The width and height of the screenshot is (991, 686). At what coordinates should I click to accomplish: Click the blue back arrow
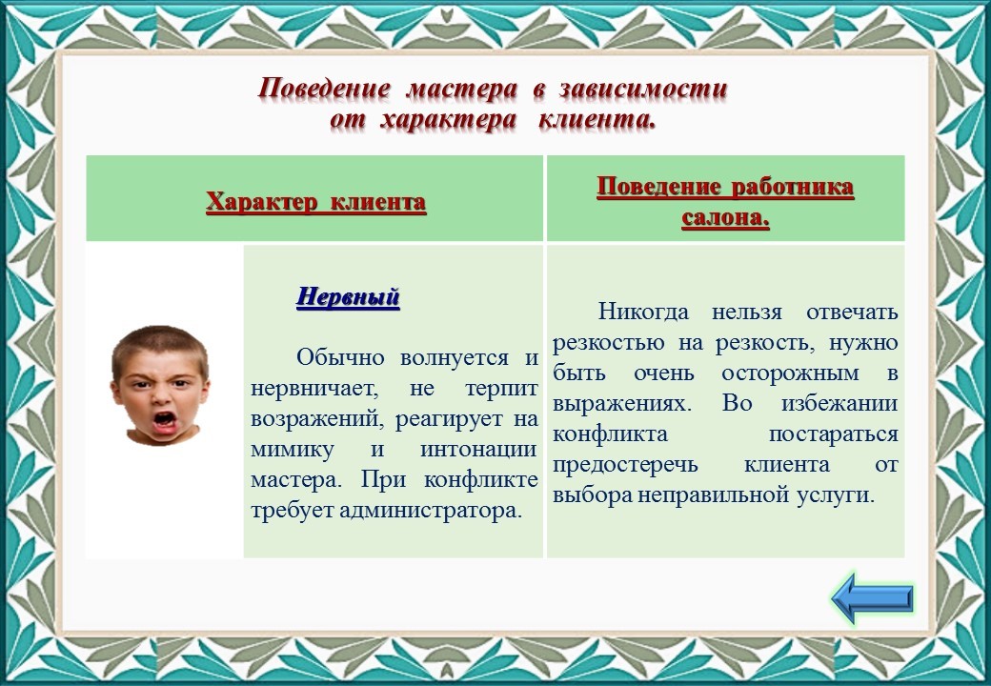(872, 597)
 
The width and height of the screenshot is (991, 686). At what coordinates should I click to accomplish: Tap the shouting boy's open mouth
(165, 420)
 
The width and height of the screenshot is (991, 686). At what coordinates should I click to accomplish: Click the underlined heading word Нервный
(348, 296)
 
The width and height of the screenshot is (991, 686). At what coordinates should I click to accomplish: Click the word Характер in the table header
(260, 202)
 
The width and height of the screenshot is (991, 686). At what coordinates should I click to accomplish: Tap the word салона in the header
(725, 218)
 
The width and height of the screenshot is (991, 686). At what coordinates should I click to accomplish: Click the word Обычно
(341, 357)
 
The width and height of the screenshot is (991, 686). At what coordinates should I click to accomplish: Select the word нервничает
(314, 389)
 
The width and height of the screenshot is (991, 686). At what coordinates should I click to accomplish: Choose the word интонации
(478, 450)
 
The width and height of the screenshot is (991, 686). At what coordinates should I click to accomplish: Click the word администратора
(431, 511)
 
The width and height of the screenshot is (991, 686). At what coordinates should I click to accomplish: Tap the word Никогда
(644, 312)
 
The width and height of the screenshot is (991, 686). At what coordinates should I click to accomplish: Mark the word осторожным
(791, 373)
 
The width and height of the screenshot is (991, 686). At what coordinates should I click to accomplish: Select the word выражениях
(622, 404)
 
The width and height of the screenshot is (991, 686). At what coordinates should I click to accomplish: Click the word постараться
(833, 434)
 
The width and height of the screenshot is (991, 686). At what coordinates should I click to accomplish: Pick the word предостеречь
(626, 465)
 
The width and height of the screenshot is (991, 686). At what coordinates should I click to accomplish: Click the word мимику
(293, 450)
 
